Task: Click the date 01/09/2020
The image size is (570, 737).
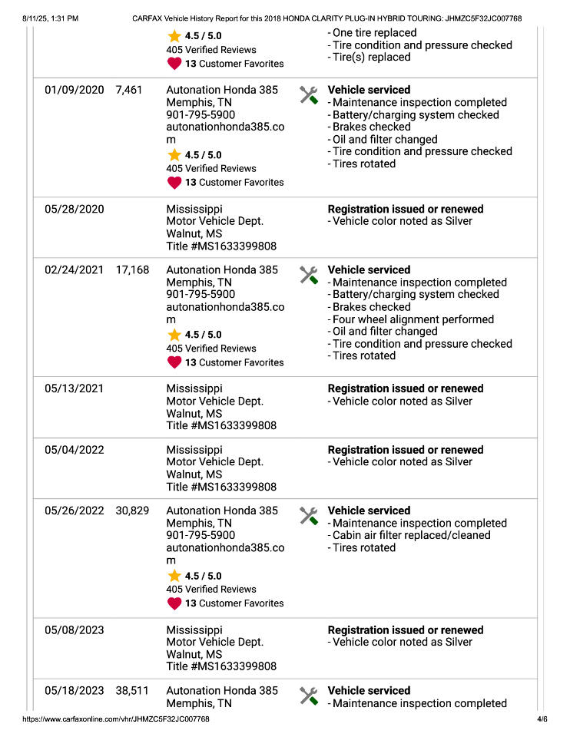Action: click(x=74, y=90)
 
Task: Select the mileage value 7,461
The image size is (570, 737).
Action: click(x=129, y=90)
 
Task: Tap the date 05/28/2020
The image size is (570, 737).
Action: click(x=74, y=209)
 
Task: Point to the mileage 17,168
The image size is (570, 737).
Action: click(x=132, y=270)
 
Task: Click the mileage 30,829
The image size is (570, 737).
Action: click(x=132, y=511)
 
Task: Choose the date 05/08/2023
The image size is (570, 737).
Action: click(x=74, y=630)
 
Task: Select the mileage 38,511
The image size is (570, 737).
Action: click(x=132, y=691)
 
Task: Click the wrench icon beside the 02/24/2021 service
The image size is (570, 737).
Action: click(x=309, y=275)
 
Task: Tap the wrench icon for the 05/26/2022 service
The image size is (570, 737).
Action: click(x=309, y=515)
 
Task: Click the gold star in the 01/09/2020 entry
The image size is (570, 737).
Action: click(x=174, y=155)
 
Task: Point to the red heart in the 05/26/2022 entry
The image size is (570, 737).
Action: click(x=174, y=603)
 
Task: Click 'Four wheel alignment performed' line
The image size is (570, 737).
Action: click(x=413, y=319)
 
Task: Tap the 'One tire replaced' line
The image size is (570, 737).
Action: click(x=374, y=33)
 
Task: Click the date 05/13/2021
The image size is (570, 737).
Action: click(x=74, y=388)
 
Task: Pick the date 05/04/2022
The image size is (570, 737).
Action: click(x=74, y=450)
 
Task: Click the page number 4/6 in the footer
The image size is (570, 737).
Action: click(x=542, y=719)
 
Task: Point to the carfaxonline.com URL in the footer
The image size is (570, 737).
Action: click(x=116, y=719)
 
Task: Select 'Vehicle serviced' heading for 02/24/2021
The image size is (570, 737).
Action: click(x=369, y=270)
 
